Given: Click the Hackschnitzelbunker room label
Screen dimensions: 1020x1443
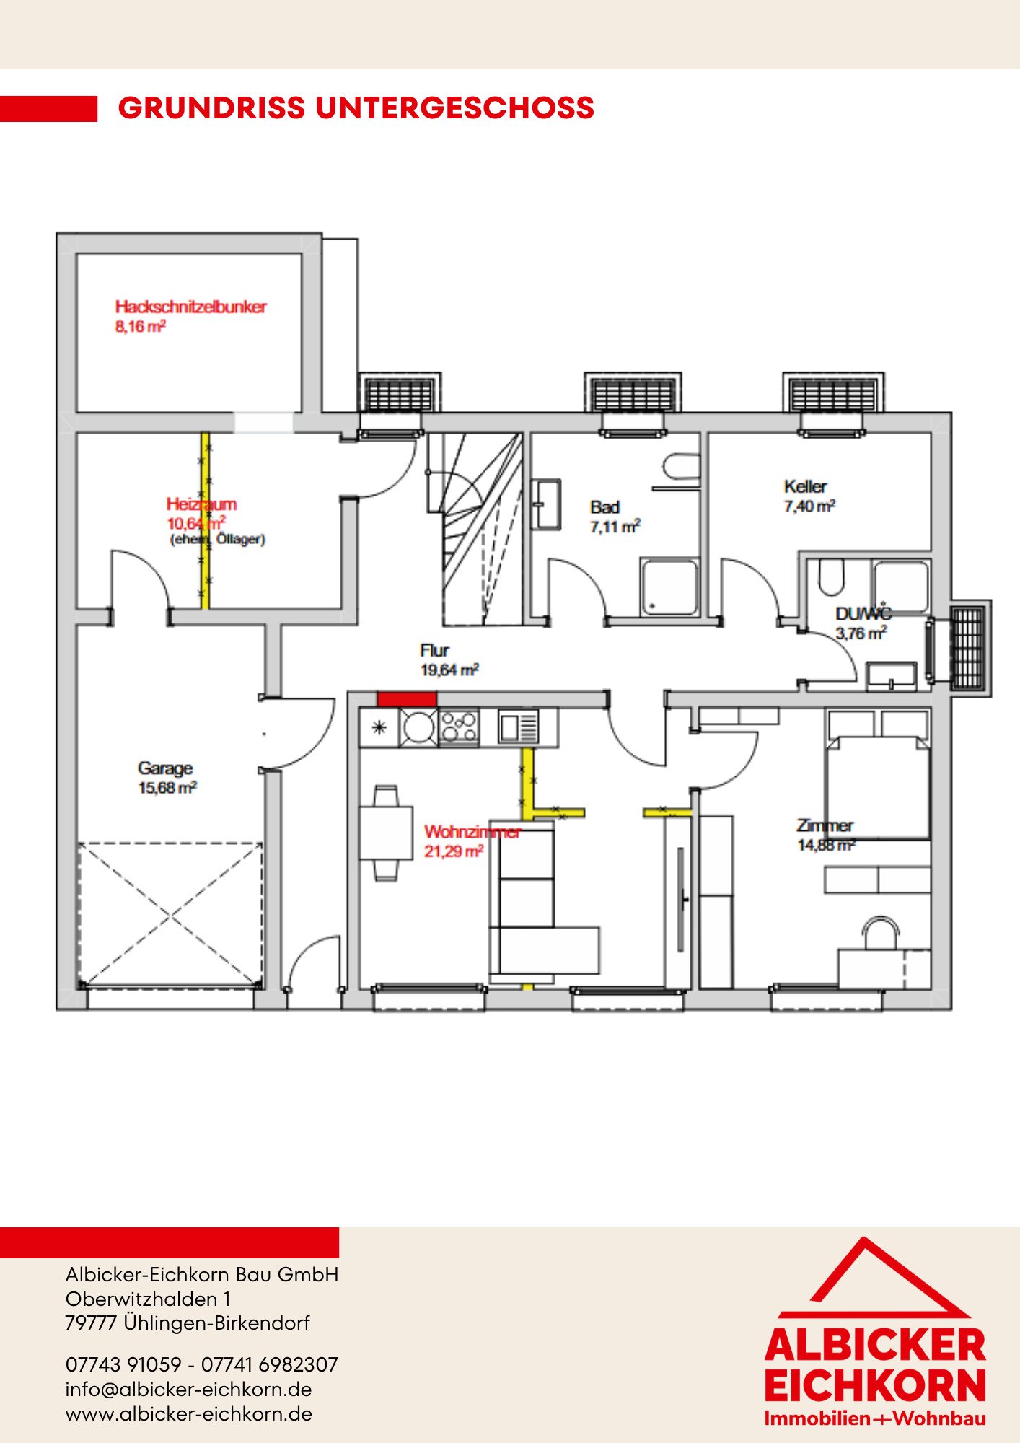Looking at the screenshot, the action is coord(190,307).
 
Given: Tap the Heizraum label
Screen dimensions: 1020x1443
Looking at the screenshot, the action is coord(201,504).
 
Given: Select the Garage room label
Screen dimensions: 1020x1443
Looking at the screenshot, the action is coord(165,768).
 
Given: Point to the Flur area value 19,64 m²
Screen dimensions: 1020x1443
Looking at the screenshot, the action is coord(449,670).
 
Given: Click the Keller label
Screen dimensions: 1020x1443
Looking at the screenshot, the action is coord(805,486).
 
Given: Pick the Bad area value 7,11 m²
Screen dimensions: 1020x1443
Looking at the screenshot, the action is coord(615,527).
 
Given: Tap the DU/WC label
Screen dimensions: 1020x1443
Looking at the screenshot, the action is coord(863,613).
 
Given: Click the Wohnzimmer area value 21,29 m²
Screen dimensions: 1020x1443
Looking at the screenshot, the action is coord(454,851).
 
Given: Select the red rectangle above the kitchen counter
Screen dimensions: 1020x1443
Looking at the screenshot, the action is coord(407,698).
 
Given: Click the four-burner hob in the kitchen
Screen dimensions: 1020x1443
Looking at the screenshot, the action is coord(459,727).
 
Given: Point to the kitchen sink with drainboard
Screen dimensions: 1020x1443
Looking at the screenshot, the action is coord(518,727).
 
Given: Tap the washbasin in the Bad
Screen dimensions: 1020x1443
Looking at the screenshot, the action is coord(547,504).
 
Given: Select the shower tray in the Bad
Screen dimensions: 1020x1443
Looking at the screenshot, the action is coord(670,587).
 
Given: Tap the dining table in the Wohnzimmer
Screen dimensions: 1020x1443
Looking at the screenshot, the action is coord(386,833).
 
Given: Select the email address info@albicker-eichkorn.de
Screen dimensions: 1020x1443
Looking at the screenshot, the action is coord(188,1390).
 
